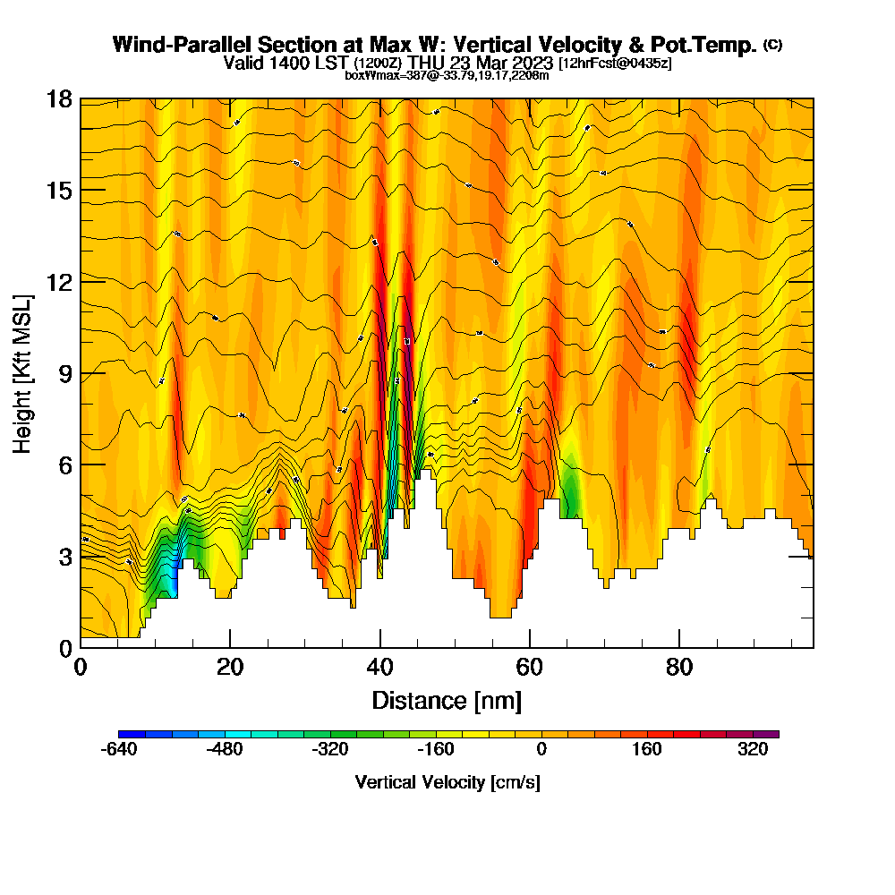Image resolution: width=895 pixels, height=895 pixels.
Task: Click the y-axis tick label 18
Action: (x=59, y=98)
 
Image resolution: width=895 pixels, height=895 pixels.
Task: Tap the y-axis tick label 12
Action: (x=59, y=282)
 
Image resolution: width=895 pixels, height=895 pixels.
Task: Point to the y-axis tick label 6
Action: (x=65, y=465)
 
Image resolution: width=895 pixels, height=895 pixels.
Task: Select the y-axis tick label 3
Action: (x=65, y=556)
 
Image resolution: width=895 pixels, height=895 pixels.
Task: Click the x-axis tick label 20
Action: (x=230, y=669)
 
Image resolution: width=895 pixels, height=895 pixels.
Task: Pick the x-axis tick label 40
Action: (x=380, y=669)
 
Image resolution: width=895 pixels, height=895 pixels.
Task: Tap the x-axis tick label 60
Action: (x=530, y=669)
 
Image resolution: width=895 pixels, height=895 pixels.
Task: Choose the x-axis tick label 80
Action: (x=680, y=669)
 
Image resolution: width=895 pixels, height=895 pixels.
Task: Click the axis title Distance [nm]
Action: (x=447, y=699)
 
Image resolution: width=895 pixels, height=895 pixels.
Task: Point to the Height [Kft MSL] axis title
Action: (x=23, y=373)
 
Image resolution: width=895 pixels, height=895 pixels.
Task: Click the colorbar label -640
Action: (x=120, y=751)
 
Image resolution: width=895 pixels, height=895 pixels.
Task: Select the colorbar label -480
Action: (x=225, y=751)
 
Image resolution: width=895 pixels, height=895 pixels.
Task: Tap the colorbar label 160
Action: (x=647, y=751)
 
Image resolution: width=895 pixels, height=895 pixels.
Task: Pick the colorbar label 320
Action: (x=753, y=751)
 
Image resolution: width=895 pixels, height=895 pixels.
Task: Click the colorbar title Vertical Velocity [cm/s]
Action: (x=447, y=782)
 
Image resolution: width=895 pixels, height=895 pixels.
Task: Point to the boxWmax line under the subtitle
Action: (x=447, y=75)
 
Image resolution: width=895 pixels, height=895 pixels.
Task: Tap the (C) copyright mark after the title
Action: (x=773, y=45)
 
